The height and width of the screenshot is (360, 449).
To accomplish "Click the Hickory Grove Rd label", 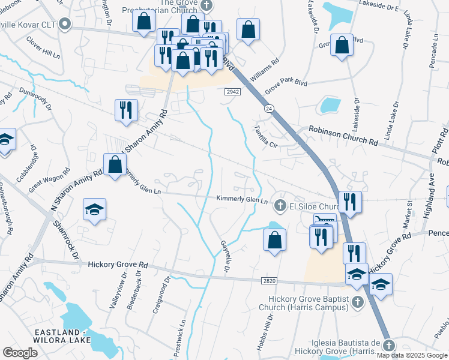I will point(118,264).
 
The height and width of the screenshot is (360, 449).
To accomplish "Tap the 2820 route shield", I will point(270,280).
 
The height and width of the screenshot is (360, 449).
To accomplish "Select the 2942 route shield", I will point(234,92).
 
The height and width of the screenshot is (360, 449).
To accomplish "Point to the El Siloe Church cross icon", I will point(279,206).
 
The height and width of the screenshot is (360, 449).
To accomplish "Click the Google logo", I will point(20,352).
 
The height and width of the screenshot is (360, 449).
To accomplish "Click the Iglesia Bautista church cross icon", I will point(388,346).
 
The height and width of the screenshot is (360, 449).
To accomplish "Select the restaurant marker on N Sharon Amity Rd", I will point(126,110).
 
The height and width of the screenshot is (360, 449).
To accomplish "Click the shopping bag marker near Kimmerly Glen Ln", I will point(115,164).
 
